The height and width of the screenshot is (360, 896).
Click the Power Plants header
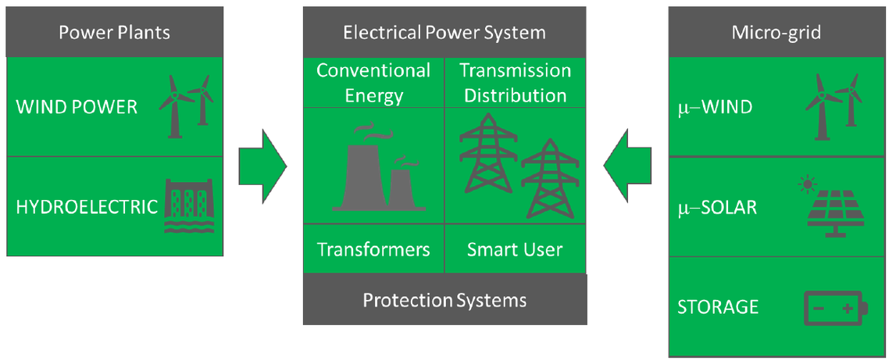pos(115,33)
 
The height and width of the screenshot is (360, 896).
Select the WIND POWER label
pos(76,107)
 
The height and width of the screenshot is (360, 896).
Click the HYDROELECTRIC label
pos(86,207)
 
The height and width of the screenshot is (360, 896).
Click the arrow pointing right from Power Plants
pos(262,165)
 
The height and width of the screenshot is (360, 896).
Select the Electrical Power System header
pos(444,33)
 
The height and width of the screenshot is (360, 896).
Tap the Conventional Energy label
pos(373,83)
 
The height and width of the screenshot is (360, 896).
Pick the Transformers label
pos(373,250)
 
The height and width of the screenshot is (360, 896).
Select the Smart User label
pos(514,250)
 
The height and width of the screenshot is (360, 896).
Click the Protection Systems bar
pos(444,300)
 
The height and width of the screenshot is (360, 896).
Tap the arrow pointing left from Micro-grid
pos(627,165)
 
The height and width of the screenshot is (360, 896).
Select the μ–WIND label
pos(715,107)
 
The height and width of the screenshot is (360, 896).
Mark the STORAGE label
pos(717,306)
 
